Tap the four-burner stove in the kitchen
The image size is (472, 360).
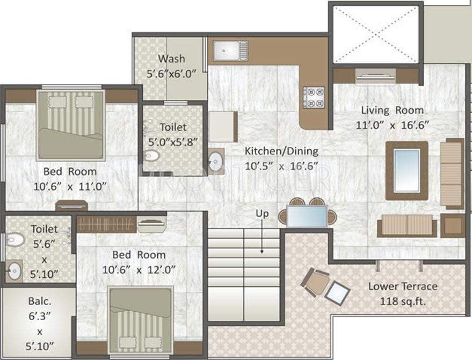click(314, 97)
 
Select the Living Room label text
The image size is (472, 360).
click(392, 110)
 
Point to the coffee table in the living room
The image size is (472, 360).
click(407, 170)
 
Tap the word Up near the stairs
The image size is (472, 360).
click(262, 214)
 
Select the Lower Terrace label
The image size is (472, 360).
click(403, 286)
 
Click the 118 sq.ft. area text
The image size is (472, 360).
click(403, 301)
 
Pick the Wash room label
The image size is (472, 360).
click(171, 59)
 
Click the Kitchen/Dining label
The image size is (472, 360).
click(281, 150)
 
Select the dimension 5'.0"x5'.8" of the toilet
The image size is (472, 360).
click(173, 142)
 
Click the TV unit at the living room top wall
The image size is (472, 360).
click(376, 76)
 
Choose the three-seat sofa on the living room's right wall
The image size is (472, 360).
click(452, 173)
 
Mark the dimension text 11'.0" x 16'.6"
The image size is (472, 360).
click(395, 125)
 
